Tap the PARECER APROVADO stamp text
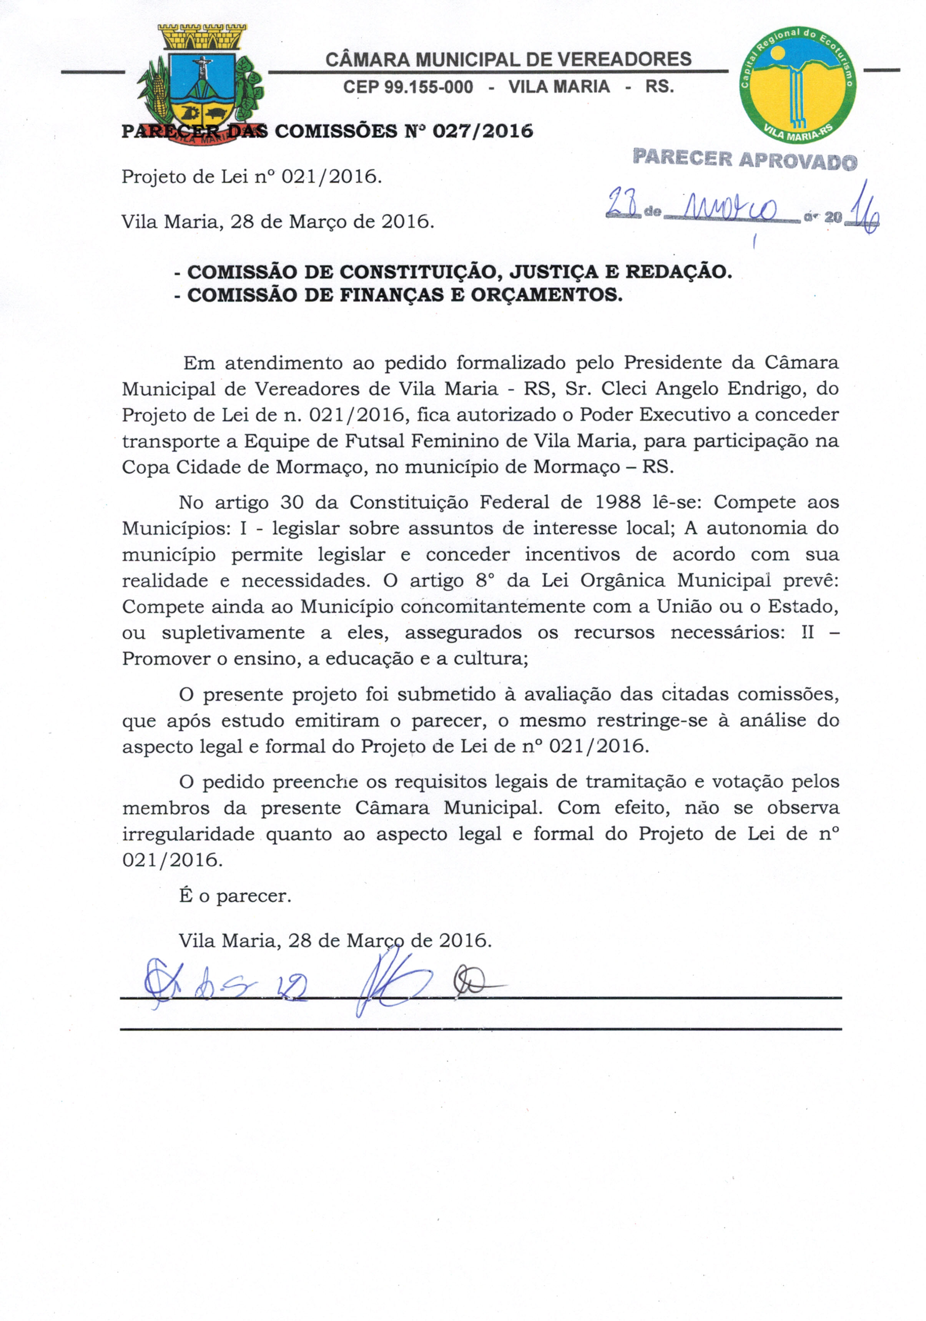pos(745,160)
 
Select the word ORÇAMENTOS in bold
pos(546,295)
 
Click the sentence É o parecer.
pos(235,896)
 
